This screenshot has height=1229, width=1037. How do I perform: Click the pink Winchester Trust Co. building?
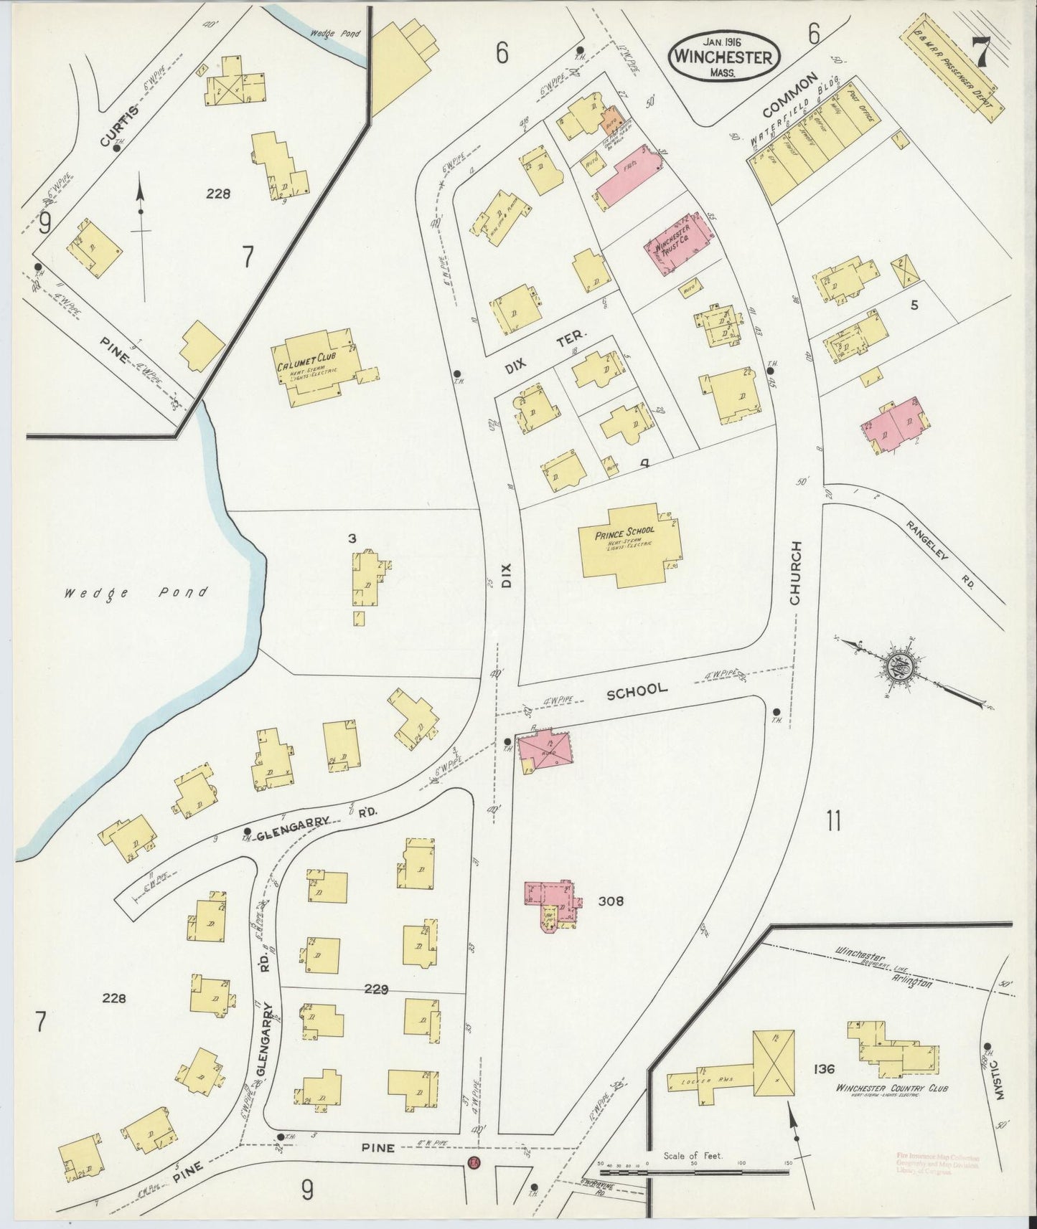[680, 242]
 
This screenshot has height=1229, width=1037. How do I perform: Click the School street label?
[637, 690]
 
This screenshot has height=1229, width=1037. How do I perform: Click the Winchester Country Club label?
[892, 1088]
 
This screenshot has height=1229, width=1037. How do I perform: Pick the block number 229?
[375, 990]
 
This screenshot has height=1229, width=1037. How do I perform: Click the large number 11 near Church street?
[832, 820]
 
